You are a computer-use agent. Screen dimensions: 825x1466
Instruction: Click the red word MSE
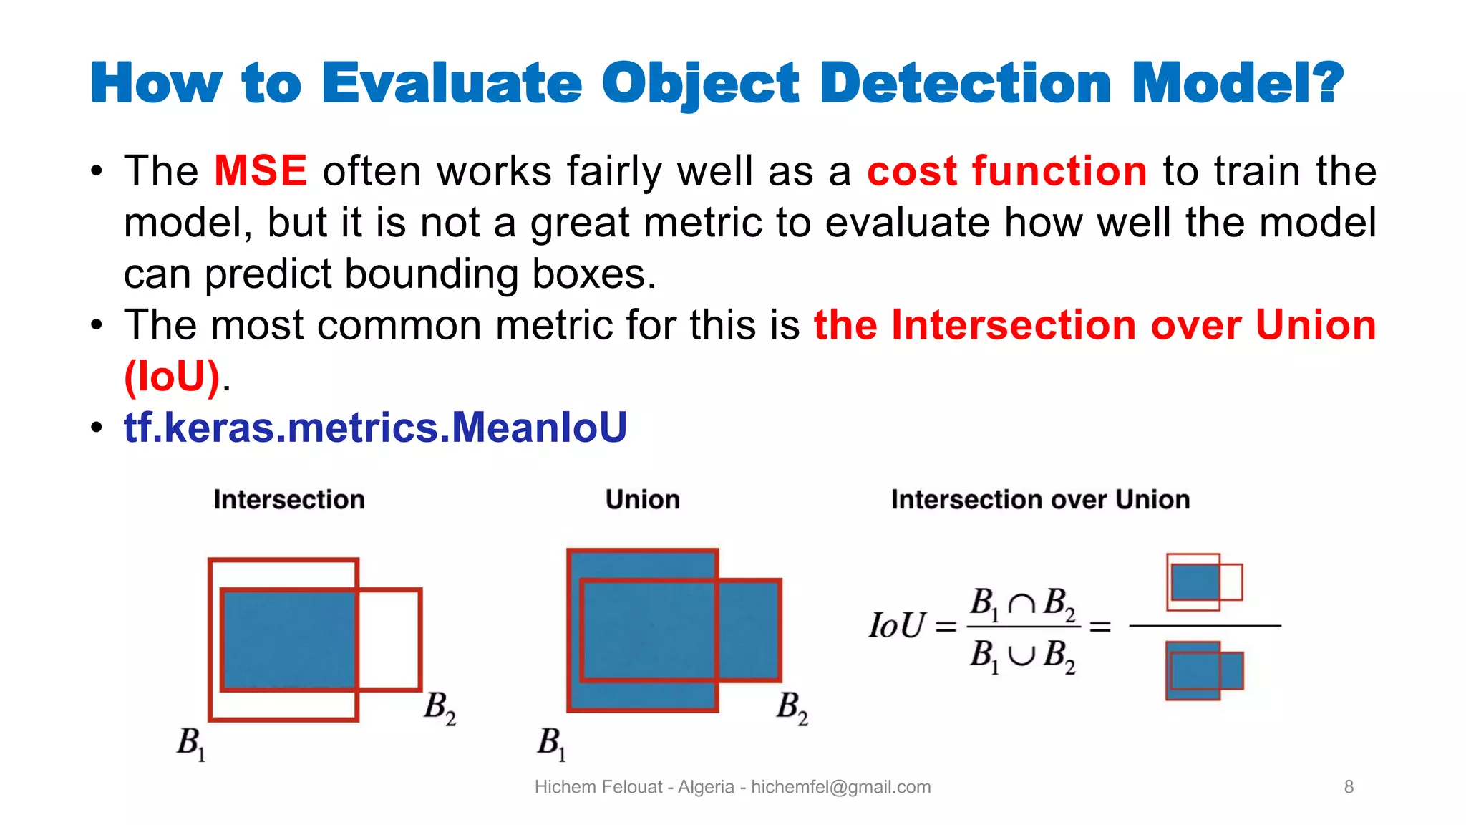tap(261, 171)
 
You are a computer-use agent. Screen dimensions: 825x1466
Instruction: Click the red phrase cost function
tap(1006, 171)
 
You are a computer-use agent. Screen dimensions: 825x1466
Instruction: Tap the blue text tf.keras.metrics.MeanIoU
tap(375, 428)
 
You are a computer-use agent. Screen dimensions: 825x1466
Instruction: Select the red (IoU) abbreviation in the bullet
tap(172, 376)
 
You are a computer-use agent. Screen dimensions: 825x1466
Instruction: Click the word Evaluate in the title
tap(452, 84)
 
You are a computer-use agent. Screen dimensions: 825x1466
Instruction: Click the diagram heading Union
tap(642, 499)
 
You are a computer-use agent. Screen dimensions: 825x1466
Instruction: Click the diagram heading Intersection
tap(289, 499)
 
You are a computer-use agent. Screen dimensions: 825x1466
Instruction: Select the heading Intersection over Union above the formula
tap(1040, 499)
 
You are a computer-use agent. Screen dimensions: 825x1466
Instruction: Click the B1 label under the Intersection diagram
tap(191, 743)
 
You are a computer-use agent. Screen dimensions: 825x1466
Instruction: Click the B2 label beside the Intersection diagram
tap(439, 707)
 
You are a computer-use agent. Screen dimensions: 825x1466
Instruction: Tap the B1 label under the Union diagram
tap(552, 743)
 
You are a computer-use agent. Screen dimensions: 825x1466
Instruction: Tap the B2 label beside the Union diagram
tap(792, 707)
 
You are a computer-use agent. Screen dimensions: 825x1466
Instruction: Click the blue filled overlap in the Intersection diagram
tap(289, 640)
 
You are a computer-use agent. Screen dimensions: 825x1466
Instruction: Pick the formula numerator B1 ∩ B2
tap(1022, 604)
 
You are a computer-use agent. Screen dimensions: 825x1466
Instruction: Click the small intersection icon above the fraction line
tap(1204, 582)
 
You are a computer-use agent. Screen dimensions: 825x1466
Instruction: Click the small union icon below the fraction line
tap(1204, 670)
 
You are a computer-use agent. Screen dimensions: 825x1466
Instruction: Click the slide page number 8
tap(1349, 787)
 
